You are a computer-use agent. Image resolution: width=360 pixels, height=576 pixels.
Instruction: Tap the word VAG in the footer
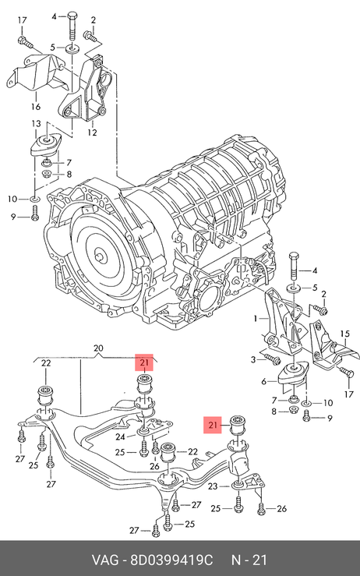coord(105,560)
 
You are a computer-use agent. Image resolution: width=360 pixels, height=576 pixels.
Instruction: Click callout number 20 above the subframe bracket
coord(98,348)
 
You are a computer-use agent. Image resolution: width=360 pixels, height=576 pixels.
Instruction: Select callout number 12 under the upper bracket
coord(92,133)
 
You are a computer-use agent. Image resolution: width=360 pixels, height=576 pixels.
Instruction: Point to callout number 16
coord(36,107)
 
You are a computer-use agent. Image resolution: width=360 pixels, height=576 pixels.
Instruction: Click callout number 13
coord(36,124)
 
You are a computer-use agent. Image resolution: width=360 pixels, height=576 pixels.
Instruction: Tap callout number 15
coord(345,334)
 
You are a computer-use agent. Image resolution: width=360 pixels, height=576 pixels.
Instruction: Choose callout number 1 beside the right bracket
coord(256,319)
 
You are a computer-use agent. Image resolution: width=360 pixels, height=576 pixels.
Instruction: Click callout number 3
coord(253,359)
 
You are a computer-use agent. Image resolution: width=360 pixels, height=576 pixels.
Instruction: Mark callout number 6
coord(263,382)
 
